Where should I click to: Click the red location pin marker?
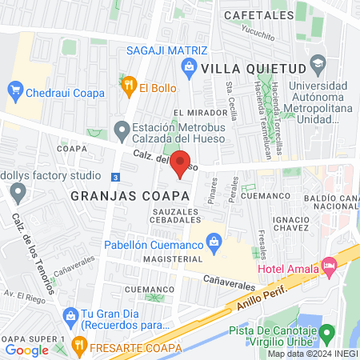pos(181,163)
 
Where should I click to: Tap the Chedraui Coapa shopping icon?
pos(14,89)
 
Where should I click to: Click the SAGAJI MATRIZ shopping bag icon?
pos(189,66)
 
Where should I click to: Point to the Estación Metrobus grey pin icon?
pos(122,129)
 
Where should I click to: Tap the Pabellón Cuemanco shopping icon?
pos(214,240)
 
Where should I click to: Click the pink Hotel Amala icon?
pos(327,265)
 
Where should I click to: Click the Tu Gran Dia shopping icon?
pos(71,314)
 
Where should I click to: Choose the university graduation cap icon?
pos(318,62)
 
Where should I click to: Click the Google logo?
pos(27,350)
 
